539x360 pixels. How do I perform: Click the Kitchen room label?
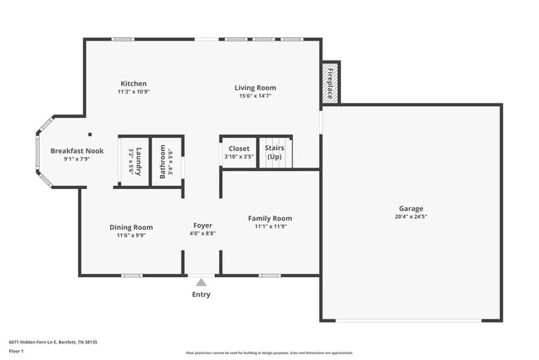(x=134, y=84)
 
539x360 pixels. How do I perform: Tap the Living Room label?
(x=255, y=88)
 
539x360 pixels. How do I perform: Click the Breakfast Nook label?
(x=76, y=151)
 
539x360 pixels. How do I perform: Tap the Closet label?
(x=239, y=148)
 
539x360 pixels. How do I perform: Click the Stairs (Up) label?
(x=274, y=153)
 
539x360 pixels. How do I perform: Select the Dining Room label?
(x=131, y=227)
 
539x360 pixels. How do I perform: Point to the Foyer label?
(x=202, y=226)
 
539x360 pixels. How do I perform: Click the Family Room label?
(x=269, y=219)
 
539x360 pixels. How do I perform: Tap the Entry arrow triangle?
(x=201, y=282)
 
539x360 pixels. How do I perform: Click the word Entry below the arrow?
(x=201, y=294)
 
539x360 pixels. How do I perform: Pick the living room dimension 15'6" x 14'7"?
(x=255, y=96)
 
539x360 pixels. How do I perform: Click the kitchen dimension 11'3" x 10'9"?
(x=134, y=92)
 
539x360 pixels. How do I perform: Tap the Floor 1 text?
(x=17, y=351)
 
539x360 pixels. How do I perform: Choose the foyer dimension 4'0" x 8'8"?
(x=202, y=235)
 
